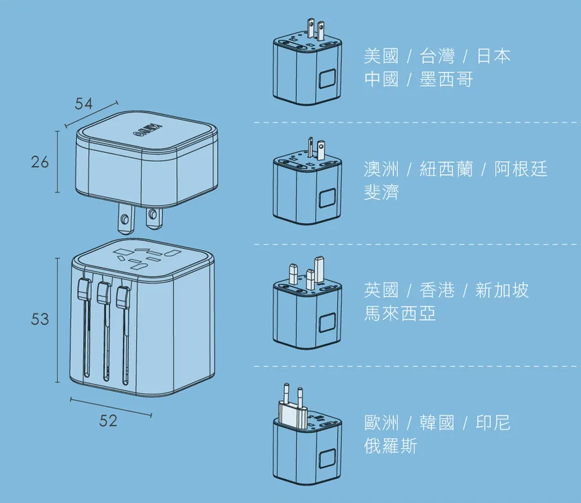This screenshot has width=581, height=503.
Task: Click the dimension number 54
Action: click(x=84, y=104)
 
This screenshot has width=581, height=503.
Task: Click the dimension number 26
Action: click(x=40, y=162)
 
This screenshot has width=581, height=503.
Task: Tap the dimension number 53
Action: click(x=40, y=319)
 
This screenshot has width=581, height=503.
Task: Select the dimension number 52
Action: click(x=109, y=421)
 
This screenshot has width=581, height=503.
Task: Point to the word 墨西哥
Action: click(x=446, y=80)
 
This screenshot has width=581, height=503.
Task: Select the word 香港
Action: click(x=437, y=291)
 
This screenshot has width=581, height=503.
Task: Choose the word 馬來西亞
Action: click(x=400, y=314)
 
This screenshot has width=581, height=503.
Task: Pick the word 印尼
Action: click(x=493, y=423)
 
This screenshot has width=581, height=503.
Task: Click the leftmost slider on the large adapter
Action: click(x=82, y=289)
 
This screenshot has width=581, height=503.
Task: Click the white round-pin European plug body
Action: click(x=292, y=414)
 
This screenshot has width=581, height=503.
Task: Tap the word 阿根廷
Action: click(x=521, y=170)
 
